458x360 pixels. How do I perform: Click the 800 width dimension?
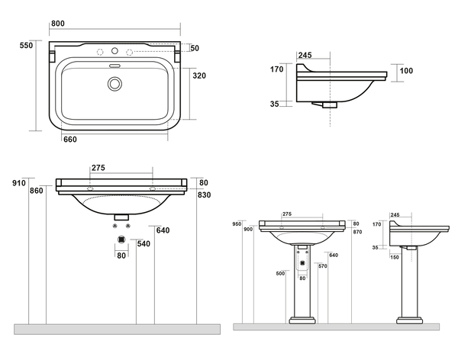(x=57, y=24)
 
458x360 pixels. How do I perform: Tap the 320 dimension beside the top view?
(x=200, y=76)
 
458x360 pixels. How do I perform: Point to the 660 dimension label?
(x=69, y=139)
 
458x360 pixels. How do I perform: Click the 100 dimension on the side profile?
(x=406, y=71)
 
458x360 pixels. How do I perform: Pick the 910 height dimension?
(x=18, y=183)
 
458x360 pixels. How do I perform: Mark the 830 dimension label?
(x=203, y=195)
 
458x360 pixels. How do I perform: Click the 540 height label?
(x=143, y=243)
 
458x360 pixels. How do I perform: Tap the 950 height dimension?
(x=237, y=224)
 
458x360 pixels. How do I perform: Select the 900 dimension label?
(x=247, y=230)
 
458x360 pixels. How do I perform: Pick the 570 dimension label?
(x=323, y=266)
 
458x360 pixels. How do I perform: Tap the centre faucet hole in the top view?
(x=116, y=52)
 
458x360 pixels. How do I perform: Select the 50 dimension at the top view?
(x=195, y=48)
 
